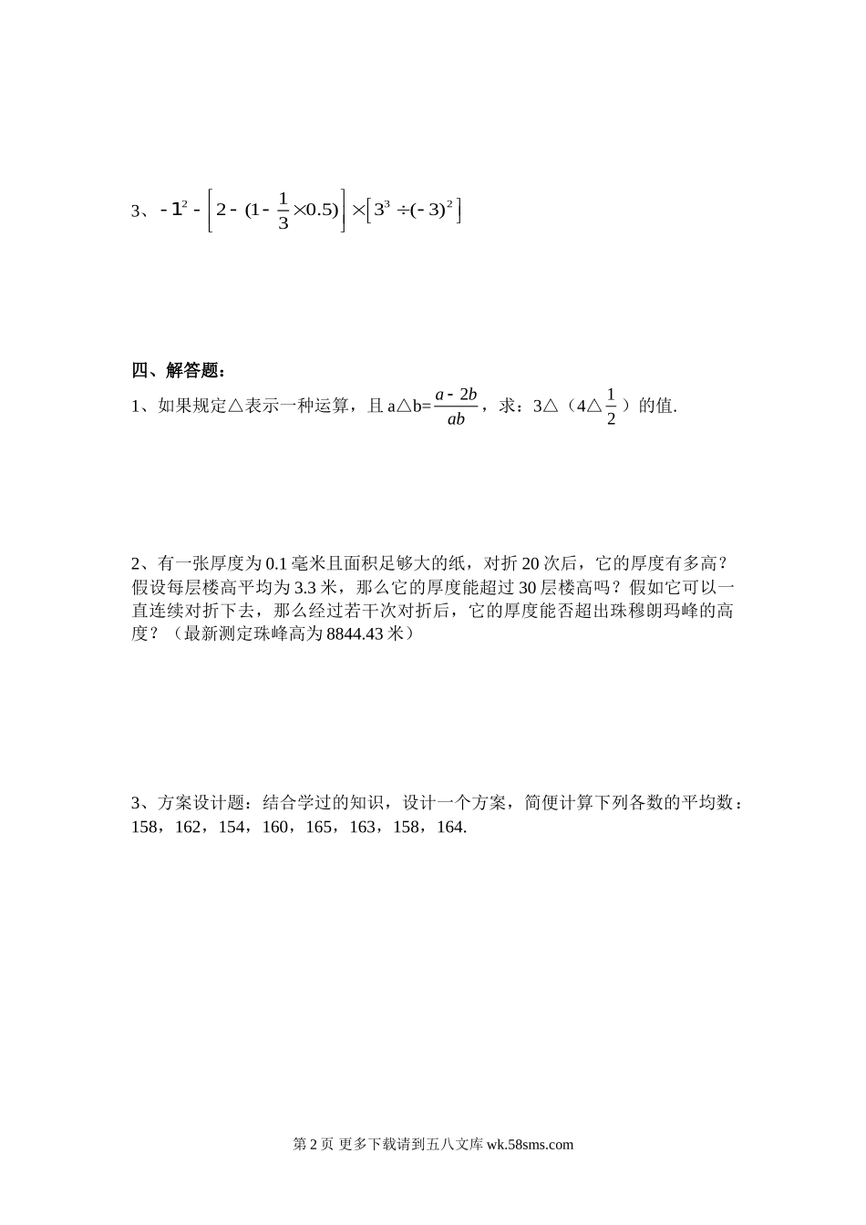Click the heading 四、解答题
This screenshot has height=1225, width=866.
click(177, 370)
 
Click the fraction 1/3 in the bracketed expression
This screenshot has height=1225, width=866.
click(283, 211)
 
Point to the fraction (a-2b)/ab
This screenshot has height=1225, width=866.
click(457, 407)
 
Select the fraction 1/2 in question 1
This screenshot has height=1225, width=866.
click(611, 407)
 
